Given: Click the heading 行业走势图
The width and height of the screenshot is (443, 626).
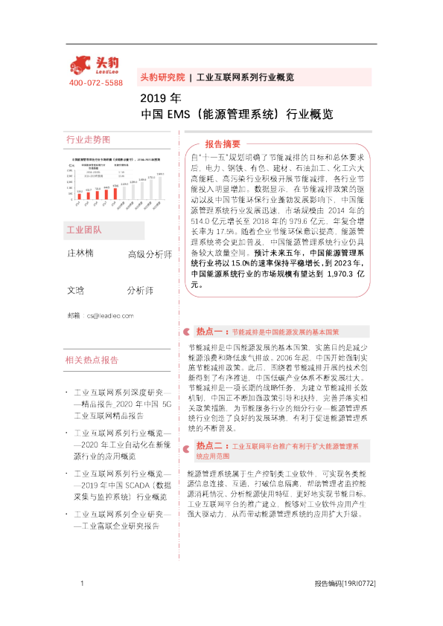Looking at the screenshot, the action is [88, 140].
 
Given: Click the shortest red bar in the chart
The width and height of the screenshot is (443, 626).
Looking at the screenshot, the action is [79, 196].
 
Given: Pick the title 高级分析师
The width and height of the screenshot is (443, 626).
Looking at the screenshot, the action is [150, 255].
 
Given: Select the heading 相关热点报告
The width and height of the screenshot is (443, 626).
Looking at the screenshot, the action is [92, 360].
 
